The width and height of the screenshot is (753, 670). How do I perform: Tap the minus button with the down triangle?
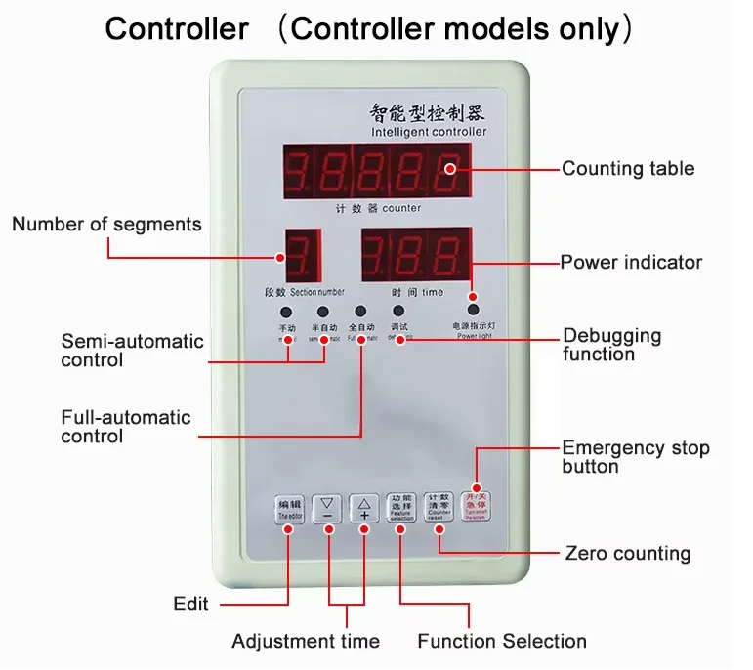pos(327,508)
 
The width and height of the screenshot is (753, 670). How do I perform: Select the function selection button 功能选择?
pos(400,507)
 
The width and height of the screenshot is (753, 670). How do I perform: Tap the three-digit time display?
pos(415,257)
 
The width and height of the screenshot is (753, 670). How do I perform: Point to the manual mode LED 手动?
pos(287,313)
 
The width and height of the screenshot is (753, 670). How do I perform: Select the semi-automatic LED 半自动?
pos(323,313)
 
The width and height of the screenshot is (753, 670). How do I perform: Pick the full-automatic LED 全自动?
pos(361,313)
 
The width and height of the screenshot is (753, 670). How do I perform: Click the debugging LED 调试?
pos(398,313)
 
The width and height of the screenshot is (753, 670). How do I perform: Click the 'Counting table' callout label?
pos(628,169)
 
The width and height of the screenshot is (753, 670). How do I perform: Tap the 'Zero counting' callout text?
pos(628,554)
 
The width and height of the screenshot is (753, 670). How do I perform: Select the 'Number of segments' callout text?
pos(106,225)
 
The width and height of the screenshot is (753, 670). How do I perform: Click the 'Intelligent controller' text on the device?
pos(428,132)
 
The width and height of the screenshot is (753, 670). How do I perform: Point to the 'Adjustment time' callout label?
pos(306,642)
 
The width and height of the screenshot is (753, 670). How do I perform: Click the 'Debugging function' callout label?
pos(612,345)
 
